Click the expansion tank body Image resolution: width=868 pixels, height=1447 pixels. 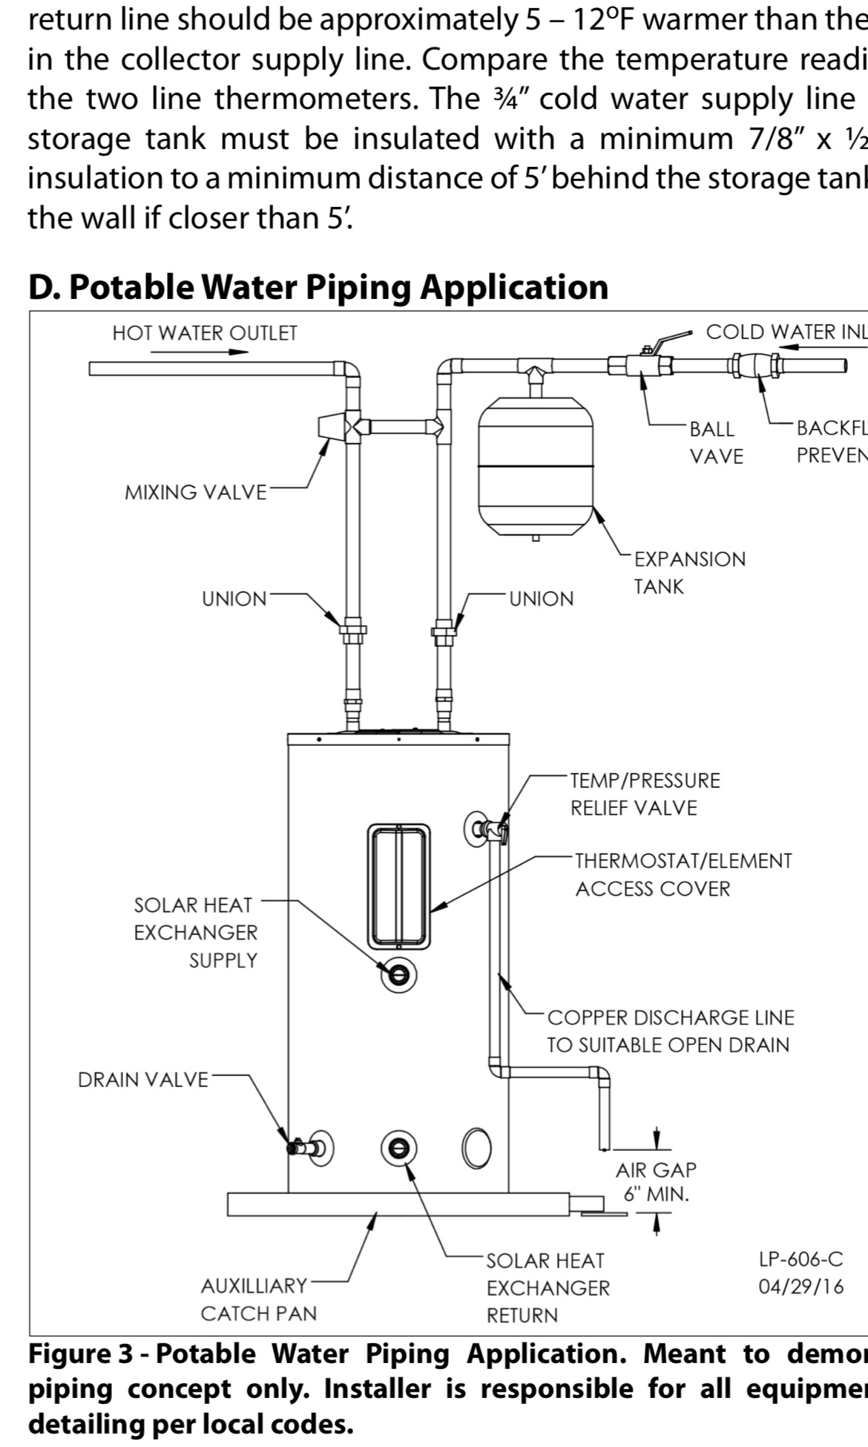(536, 467)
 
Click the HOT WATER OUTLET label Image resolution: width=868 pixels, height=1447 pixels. (204, 333)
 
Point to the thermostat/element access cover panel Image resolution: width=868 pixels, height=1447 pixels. (398, 885)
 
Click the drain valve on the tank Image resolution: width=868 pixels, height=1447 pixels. (304, 1147)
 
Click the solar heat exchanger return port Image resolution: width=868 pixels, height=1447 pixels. (398, 1148)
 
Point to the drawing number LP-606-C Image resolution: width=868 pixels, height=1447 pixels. (800, 1259)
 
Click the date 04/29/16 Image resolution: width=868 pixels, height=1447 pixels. (800, 1286)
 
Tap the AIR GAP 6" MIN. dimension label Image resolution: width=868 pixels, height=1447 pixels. (656, 1181)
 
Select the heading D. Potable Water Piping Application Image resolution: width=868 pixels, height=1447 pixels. (318, 287)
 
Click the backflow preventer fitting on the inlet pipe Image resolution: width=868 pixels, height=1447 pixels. (757, 365)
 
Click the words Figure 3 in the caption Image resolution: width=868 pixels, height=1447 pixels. (80, 1354)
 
